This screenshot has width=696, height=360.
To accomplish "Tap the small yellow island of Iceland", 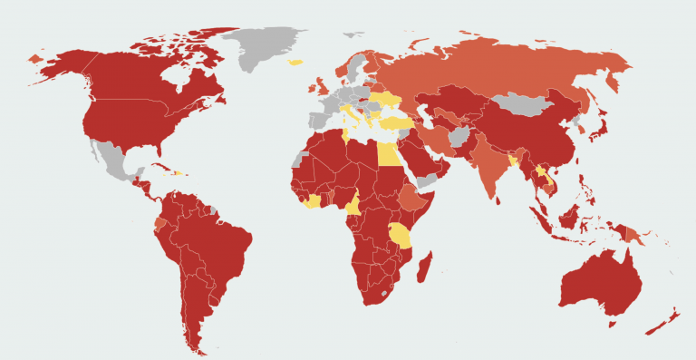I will coord(295,63).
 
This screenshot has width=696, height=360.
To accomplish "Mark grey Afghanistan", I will coord(459,135).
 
